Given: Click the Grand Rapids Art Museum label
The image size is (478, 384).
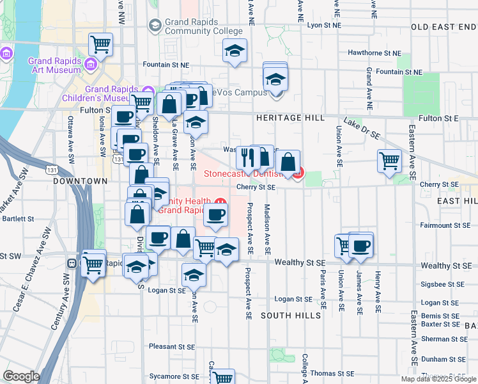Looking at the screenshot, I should pos(54,67).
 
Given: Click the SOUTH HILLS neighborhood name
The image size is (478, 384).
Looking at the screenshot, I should pos(291,316).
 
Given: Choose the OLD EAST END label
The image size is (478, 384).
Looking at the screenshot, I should pos(443,27).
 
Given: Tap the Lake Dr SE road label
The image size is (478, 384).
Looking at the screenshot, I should pos(362,128).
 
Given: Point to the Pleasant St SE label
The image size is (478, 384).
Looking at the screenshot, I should pos(171,346).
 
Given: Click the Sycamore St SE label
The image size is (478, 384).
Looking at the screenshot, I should pos(174,376).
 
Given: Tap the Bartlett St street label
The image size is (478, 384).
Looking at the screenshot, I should pos(17,218).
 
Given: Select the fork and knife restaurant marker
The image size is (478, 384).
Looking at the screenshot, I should pos(247,157).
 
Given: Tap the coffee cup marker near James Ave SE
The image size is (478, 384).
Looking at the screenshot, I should pos(361,244).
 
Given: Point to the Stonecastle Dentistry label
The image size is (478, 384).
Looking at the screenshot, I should pos(249,174).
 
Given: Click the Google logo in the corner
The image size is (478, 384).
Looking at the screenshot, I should pos(22,376).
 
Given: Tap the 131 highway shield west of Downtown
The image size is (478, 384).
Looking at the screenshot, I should pos(50,171).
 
